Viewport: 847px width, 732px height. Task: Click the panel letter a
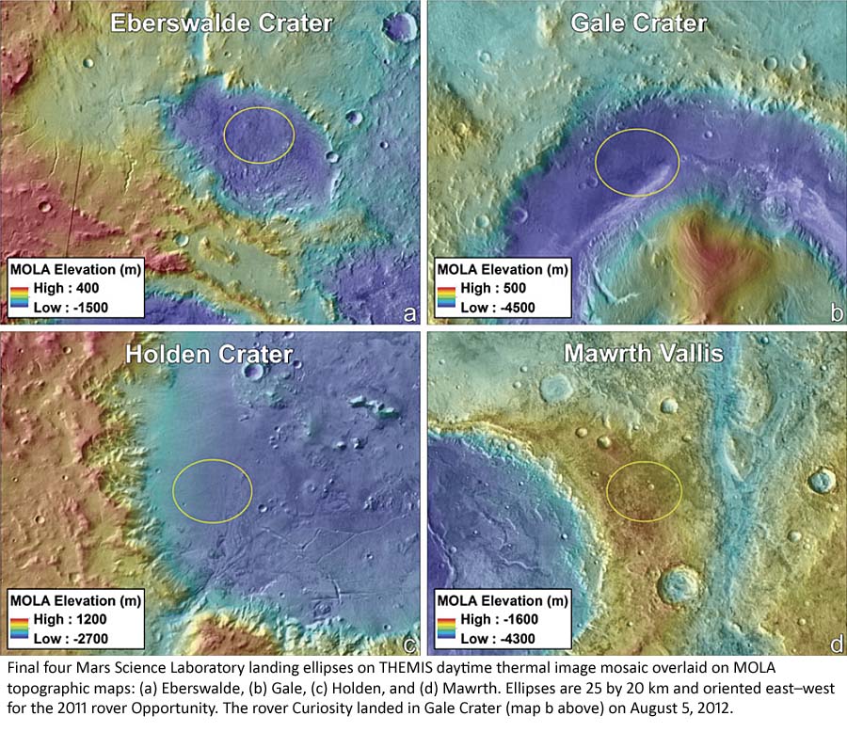[x=408, y=313]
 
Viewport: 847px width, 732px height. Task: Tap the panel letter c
[x=408, y=644]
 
